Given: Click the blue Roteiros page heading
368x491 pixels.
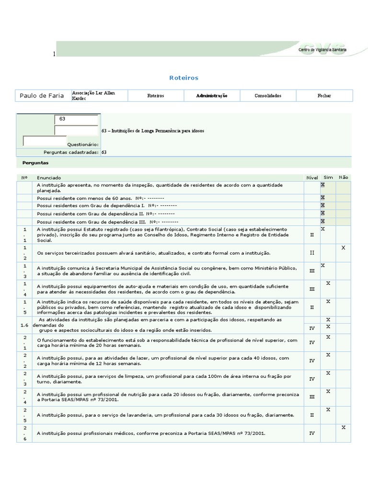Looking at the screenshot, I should coord(184,78).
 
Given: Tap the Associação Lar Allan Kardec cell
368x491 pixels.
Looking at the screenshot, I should coord(93,95).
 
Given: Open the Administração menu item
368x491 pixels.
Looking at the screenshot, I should coord(211,95).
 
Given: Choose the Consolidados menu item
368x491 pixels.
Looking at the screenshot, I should coord(268,95).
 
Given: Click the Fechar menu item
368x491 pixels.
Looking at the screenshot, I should coord(324,95).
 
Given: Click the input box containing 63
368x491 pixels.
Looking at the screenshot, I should coord(77,119).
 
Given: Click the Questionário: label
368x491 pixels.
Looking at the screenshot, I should coord(83,144).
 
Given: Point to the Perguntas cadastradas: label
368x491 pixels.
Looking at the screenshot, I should coord(71,152).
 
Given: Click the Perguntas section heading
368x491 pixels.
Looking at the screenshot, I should coord(35,163).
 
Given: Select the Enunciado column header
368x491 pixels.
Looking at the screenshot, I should coord(49,177).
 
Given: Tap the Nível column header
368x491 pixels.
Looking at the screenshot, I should coord(312,177).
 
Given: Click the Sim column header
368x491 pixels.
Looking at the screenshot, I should coord(328,177).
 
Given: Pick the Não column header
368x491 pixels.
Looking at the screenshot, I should coord(343,177).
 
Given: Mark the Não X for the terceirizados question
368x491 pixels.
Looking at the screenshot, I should coord(343,247).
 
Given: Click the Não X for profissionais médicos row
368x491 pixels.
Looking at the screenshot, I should coord(343,427).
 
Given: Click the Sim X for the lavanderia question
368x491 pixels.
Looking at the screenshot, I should coord(328,409).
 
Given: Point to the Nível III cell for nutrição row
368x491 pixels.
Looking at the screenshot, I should coord(312,397).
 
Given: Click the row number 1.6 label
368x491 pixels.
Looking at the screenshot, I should coord(25,325).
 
